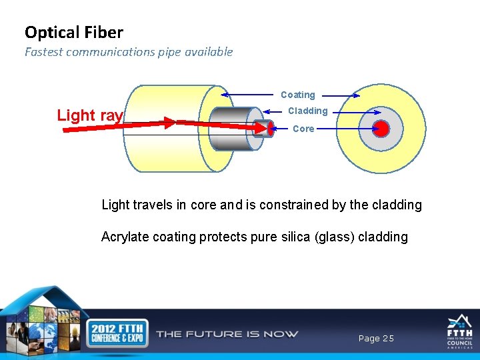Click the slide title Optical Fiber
click(74, 32)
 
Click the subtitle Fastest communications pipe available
click(129, 52)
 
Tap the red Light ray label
click(90, 115)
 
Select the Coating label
click(297, 95)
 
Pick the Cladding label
click(307, 111)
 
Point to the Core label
click(303, 129)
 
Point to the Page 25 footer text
click(376, 339)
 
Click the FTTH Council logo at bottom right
click(459, 331)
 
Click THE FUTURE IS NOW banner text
click(227, 334)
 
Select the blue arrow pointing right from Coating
click(341, 95)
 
